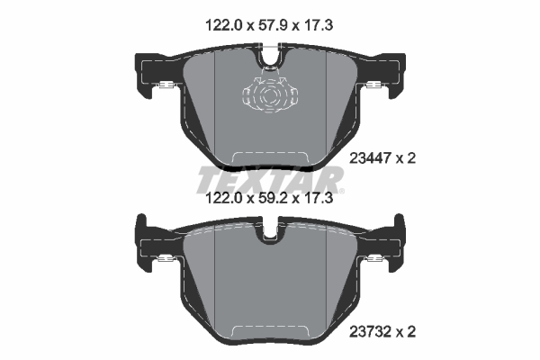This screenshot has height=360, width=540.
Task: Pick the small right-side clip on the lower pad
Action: [x=373, y=261]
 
